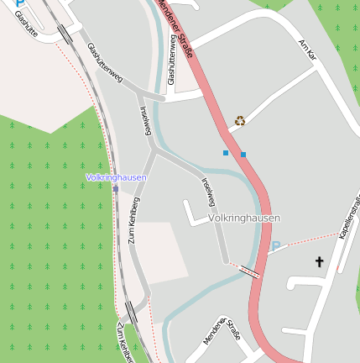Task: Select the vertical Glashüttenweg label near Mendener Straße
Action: click(x=171, y=65)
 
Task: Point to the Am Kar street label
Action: click(x=307, y=49)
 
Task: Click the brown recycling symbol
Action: click(x=240, y=120)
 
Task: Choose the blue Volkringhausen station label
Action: click(x=116, y=177)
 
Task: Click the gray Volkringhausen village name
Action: click(x=243, y=218)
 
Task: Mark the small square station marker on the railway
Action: click(x=116, y=189)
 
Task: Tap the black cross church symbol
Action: click(x=319, y=262)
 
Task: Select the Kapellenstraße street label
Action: click(x=349, y=216)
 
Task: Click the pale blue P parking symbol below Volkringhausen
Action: click(x=274, y=247)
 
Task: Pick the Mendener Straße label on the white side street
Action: click(x=221, y=330)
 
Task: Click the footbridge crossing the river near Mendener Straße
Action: click(x=249, y=271)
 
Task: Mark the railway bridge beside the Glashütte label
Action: click(x=64, y=34)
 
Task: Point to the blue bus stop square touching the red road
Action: click(x=243, y=155)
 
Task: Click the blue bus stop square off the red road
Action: click(x=225, y=153)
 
